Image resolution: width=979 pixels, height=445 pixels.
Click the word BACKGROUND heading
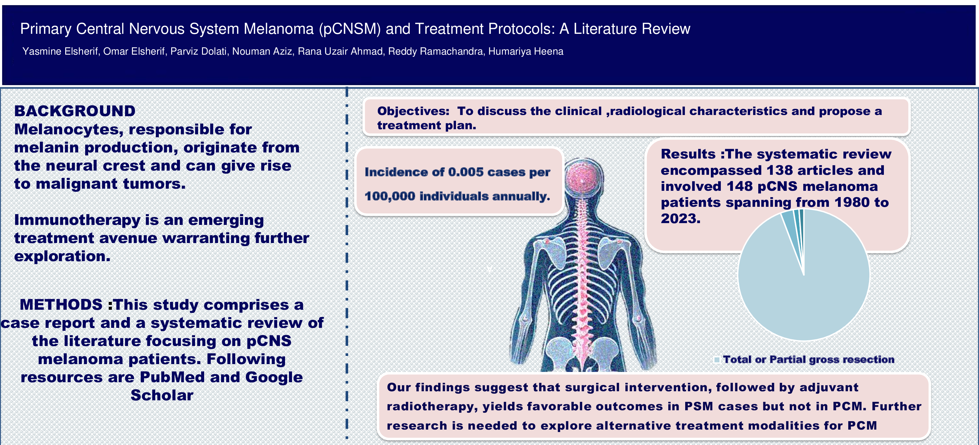75,111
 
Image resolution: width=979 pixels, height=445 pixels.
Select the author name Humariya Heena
526,51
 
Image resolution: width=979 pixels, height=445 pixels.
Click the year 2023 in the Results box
680,219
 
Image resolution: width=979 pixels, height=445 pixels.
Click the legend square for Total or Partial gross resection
717,360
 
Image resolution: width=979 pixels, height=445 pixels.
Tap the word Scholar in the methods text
162,395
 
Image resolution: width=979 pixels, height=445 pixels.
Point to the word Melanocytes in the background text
69,130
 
